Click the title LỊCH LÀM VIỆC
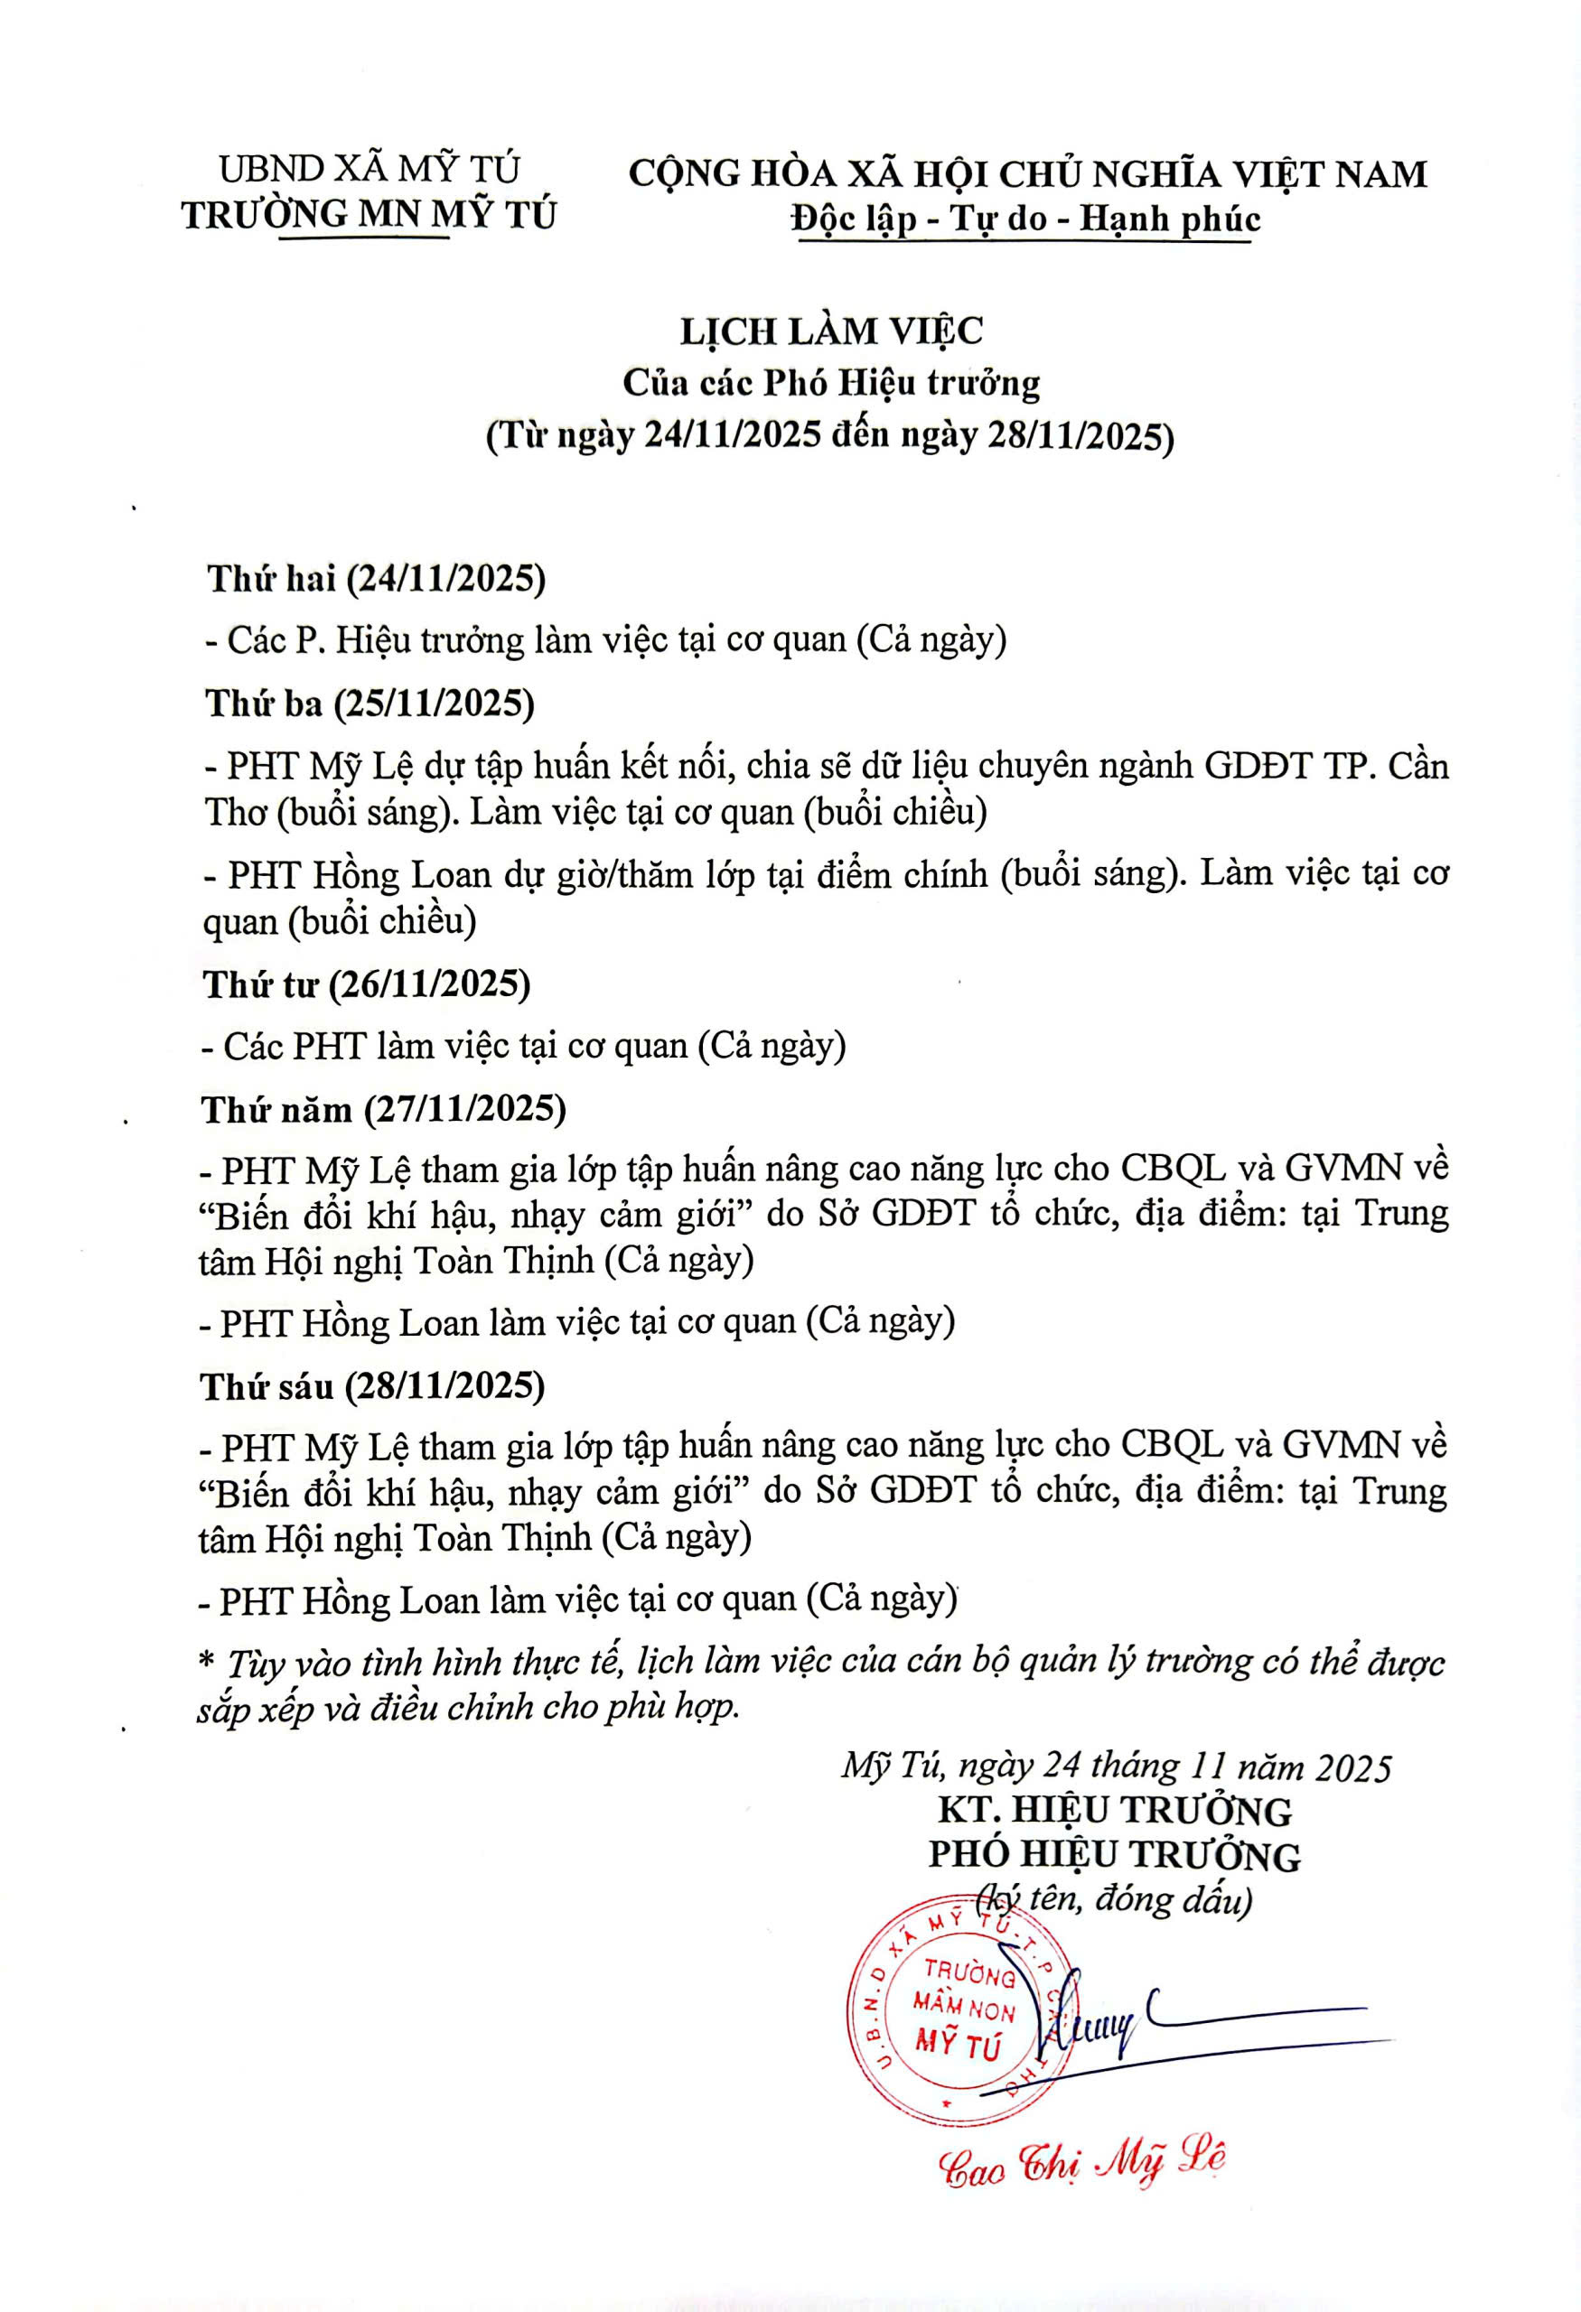[x=831, y=331]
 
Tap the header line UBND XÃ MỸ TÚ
[x=370, y=169]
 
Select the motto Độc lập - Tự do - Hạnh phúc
[x=1025, y=219]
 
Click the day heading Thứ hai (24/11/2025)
[x=376, y=579]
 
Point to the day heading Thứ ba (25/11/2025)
[x=370, y=704]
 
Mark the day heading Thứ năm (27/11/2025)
[x=383, y=1109]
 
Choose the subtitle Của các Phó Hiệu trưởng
[x=831, y=383]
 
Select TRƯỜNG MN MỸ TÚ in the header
[x=370, y=214]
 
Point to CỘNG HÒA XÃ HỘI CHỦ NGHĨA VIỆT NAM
[x=1028, y=174]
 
